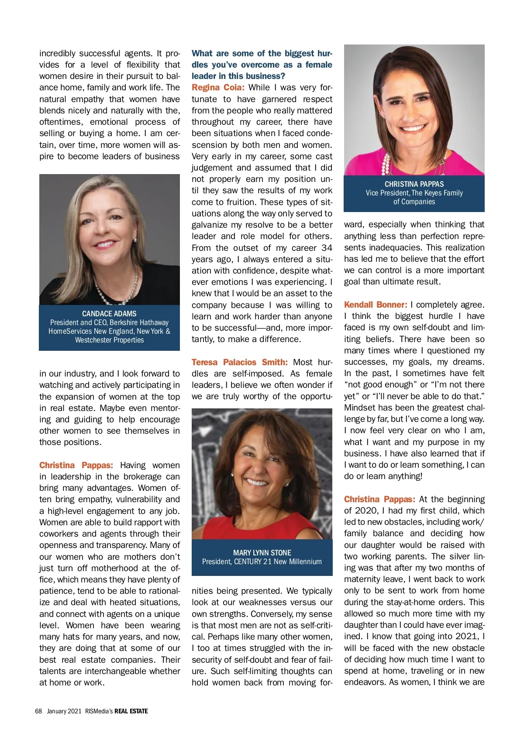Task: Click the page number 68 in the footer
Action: [38, 711]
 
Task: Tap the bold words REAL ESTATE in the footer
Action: [131, 711]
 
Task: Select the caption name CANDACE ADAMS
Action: [109, 314]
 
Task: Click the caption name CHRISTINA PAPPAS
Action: [414, 184]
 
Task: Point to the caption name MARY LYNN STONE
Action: [262, 553]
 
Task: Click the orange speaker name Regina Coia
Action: [217, 87]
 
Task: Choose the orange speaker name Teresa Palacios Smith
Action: [239, 362]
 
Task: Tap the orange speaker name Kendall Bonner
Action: [375, 305]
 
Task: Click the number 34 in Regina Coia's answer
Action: [327, 248]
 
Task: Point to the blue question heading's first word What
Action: [202, 53]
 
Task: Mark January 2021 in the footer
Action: [64, 711]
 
